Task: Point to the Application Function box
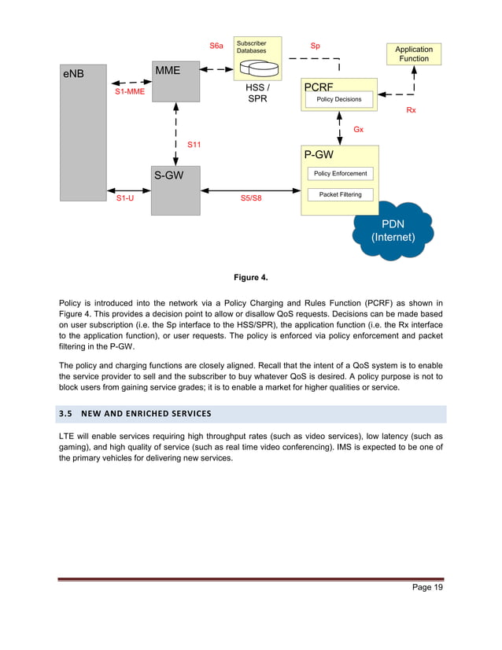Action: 413,54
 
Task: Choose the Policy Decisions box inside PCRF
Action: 339,100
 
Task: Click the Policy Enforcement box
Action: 340,173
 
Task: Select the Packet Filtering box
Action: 340,194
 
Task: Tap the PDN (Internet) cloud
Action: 393,230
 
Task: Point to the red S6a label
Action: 216,46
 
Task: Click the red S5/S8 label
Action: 251,199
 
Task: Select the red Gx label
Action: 358,129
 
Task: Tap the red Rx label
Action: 411,111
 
